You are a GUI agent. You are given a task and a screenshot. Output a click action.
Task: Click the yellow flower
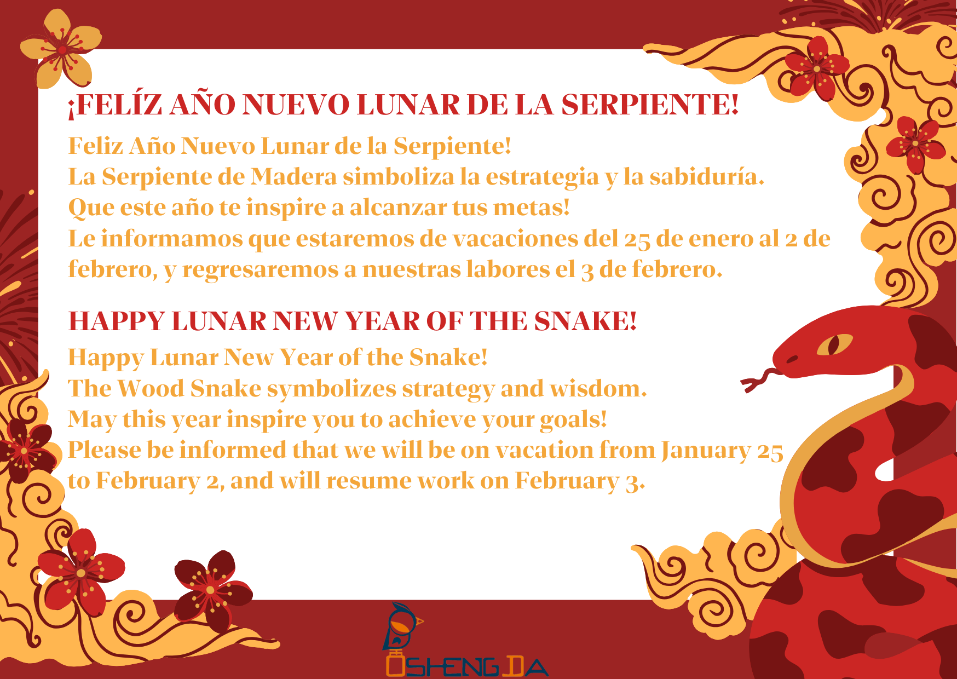coord(61,49)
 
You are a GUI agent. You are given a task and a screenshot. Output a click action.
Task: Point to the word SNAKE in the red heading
coord(585,321)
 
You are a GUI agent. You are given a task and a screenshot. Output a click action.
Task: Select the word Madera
coord(293,177)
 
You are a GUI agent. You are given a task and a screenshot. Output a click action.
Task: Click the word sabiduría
coord(707,177)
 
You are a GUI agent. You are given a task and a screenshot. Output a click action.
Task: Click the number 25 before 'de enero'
coord(637,239)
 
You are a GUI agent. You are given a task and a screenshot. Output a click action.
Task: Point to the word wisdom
coord(598,389)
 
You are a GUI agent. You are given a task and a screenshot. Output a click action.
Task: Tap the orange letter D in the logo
coord(511,666)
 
